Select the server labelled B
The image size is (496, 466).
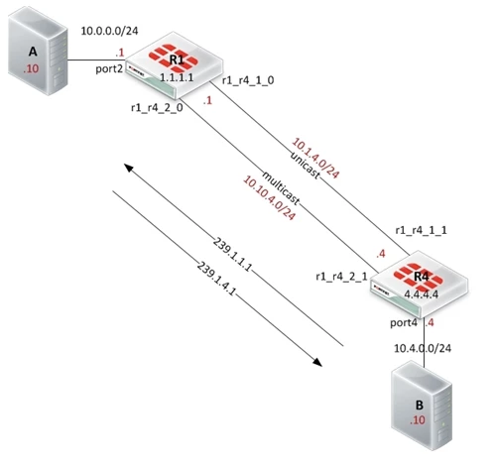(x=422, y=406)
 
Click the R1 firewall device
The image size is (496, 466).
(x=175, y=65)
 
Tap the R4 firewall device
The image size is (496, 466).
(x=419, y=285)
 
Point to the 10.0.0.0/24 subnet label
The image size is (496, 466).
(x=109, y=31)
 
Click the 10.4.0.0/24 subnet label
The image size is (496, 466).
(x=423, y=348)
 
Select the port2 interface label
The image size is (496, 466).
(x=109, y=69)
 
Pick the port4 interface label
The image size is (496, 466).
(x=404, y=322)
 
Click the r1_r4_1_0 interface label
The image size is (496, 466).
(x=248, y=80)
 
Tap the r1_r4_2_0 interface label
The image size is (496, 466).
(x=157, y=108)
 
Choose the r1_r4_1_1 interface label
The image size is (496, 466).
(x=422, y=230)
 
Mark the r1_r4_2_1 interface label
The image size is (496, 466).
(x=341, y=277)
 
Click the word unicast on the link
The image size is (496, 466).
(x=306, y=166)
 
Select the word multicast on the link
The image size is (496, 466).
(x=281, y=188)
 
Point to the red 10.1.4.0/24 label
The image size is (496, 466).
(x=315, y=159)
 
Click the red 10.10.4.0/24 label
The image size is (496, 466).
(x=269, y=198)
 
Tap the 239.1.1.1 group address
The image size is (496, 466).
(x=232, y=255)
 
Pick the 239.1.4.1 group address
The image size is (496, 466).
(x=216, y=279)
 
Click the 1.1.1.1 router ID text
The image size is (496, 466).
(x=177, y=77)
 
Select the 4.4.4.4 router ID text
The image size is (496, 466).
(x=422, y=294)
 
